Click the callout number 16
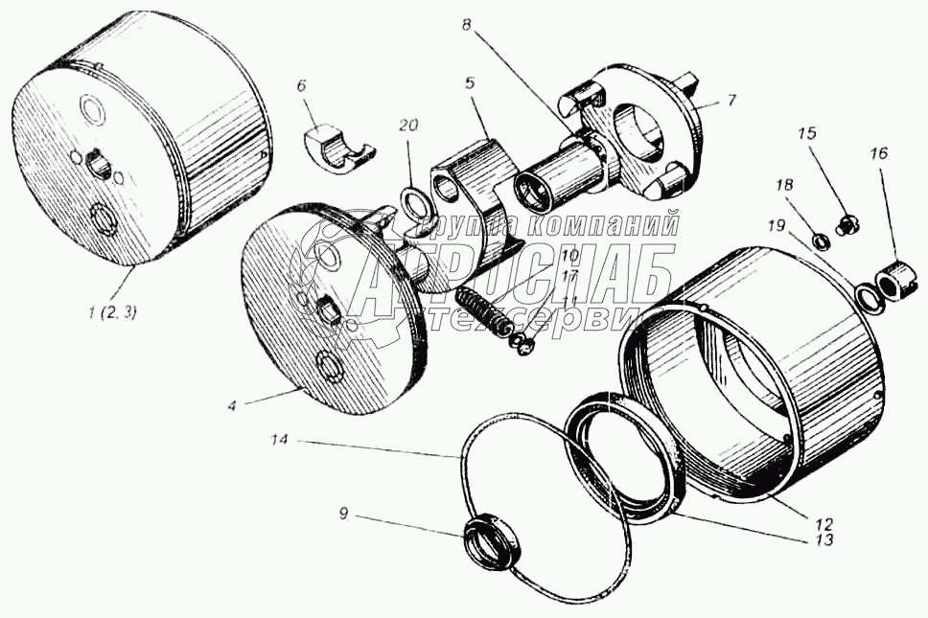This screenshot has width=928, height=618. tap(879, 152)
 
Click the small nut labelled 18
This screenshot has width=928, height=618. tap(821, 239)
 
